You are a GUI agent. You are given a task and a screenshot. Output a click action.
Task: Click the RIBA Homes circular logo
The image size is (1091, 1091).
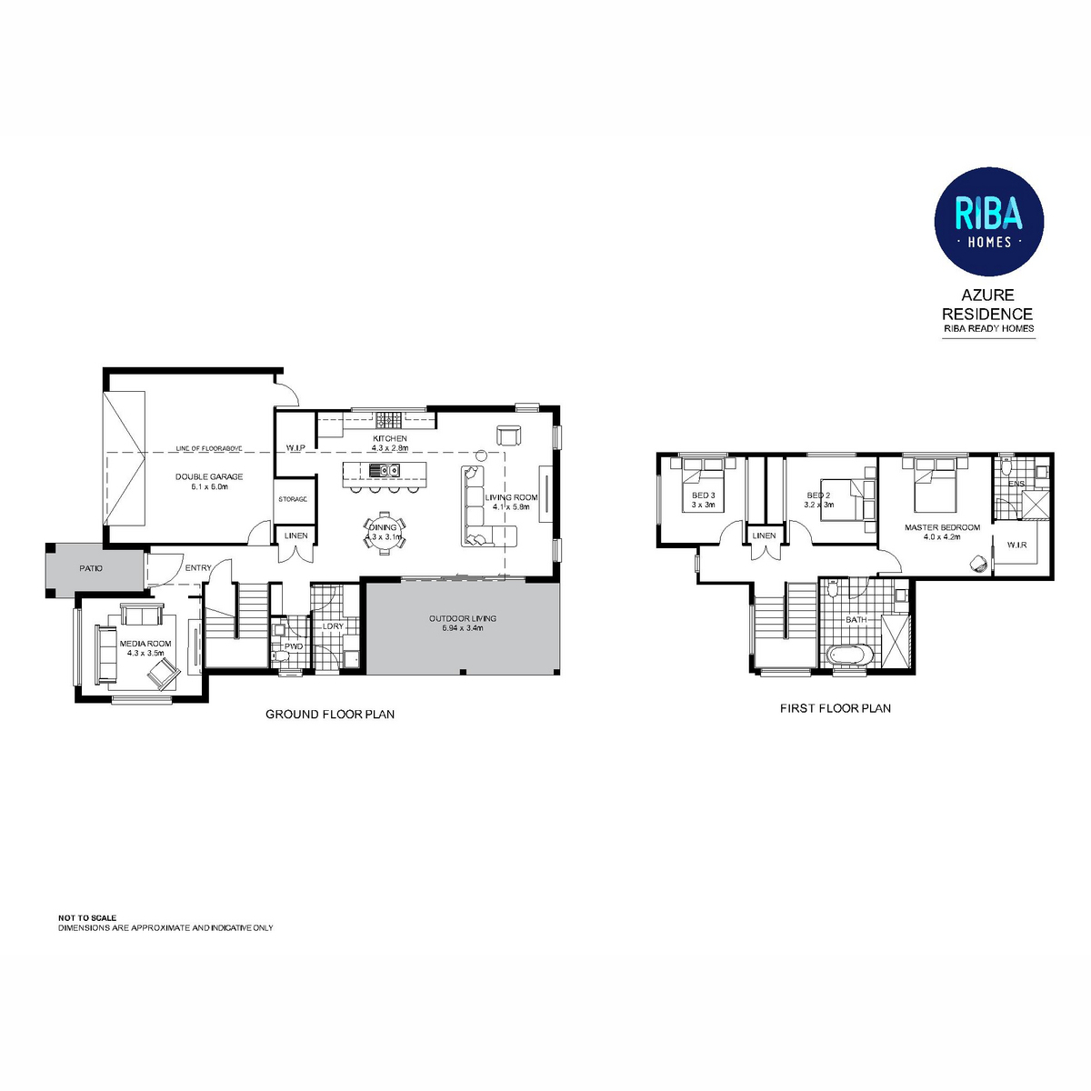(989, 221)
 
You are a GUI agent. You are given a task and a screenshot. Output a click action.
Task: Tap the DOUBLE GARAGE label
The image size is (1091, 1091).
(209, 476)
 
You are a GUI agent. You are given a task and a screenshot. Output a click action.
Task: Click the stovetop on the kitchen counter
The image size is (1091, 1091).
(388, 419)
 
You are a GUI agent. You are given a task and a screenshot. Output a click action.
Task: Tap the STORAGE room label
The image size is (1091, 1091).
(293, 500)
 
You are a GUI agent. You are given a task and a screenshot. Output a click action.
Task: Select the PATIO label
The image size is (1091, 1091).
(90, 568)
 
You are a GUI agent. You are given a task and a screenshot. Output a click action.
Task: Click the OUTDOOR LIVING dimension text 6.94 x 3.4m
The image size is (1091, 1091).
(463, 628)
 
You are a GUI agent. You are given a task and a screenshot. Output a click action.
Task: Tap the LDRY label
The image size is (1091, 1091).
(333, 626)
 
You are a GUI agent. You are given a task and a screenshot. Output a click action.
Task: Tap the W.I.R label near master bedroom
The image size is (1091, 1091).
(1016, 545)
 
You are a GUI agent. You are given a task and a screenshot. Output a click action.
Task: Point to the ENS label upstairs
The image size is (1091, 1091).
(1016, 484)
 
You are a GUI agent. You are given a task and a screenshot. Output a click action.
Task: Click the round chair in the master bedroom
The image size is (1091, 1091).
(977, 563)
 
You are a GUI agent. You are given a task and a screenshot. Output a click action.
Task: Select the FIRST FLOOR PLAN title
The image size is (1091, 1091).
(835, 708)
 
